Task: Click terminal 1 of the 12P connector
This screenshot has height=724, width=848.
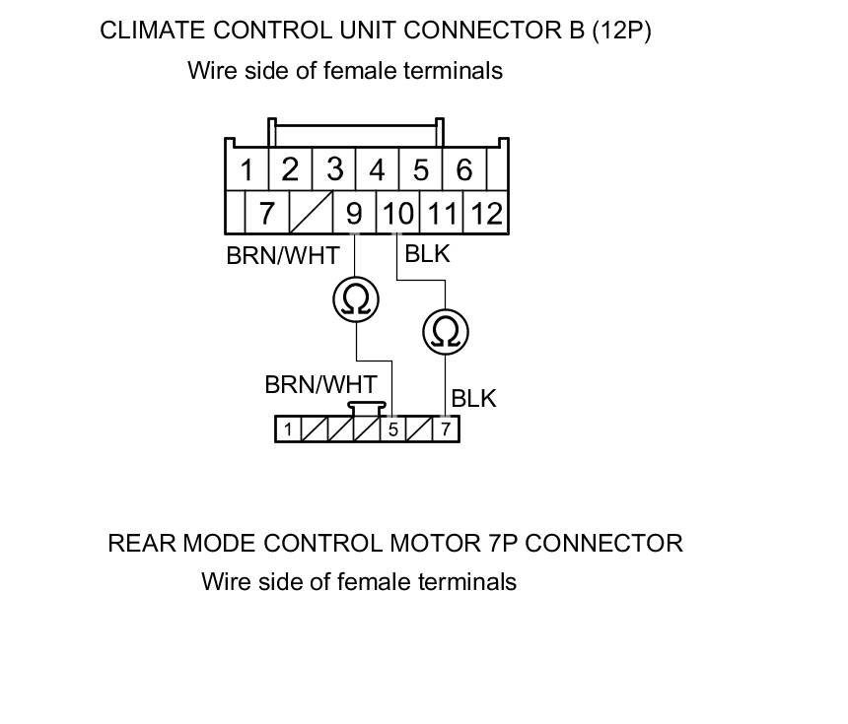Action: click(247, 170)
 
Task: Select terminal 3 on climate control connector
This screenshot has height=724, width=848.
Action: click(334, 169)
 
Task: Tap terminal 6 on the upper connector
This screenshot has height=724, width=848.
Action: click(464, 170)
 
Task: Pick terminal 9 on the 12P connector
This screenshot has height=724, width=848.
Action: click(354, 213)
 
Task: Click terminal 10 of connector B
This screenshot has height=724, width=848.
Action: click(397, 213)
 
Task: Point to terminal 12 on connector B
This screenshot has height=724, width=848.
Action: click(485, 213)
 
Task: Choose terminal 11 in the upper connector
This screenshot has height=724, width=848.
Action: click(442, 213)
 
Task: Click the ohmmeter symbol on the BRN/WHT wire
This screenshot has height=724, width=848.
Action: click(355, 298)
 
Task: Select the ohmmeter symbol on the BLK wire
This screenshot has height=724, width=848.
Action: click(446, 332)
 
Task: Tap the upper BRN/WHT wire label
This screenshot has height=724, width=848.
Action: click(282, 256)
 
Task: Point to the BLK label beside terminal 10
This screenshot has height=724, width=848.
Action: click(427, 254)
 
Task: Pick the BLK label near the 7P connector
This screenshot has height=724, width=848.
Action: click(473, 399)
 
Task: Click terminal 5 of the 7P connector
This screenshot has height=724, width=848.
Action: click(392, 429)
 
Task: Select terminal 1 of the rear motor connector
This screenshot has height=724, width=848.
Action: click(287, 429)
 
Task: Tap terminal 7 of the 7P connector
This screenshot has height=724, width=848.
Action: click(446, 429)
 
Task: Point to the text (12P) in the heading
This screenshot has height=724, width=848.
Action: click(621, 31)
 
